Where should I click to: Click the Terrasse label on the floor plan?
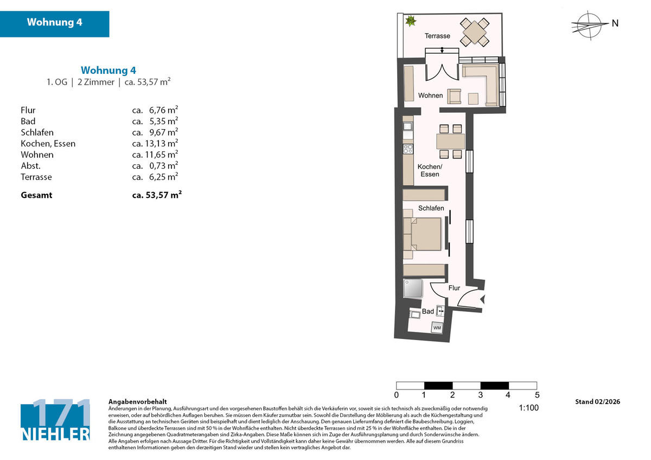(437, 36)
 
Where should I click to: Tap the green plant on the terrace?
(411, 21)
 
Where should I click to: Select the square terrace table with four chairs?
(474, 32)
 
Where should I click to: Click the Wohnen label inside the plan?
(430, 95)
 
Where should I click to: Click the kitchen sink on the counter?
(408, 126)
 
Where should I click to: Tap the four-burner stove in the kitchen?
(408, 149)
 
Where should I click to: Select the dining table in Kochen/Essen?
(450, 141)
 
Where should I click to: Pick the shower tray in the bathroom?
(413, 288)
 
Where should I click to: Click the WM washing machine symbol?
(437, 328)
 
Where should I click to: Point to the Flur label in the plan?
(454, 287)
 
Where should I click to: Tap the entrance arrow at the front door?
(482, 299)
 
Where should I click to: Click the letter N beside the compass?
(615, 23)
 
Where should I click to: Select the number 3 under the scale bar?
(481, 395)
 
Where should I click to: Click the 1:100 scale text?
(528, 408)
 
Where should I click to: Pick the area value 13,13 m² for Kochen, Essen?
(162, 143)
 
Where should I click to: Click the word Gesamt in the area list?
(36, 195)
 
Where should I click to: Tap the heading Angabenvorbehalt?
(137, 402)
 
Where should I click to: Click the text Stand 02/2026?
(597, 401)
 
